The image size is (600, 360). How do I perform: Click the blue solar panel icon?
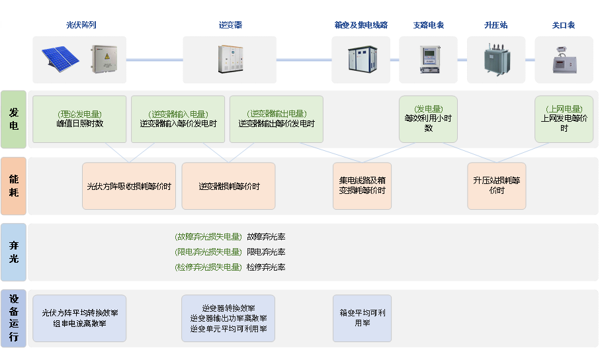pos(60,59)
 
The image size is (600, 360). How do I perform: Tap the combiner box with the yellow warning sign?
pos(104,59)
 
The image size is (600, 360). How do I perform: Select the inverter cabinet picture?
pos(230,59)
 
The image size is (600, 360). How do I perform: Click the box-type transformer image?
pos(363,59)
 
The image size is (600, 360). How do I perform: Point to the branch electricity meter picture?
pos(430,59)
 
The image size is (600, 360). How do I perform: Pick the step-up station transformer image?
pos(497,59)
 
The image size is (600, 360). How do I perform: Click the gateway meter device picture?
pos(564,60)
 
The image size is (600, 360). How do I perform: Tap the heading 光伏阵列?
pos(81,25)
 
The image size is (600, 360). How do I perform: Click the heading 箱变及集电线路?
pos(361,25)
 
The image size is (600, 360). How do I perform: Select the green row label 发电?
pos(14,119)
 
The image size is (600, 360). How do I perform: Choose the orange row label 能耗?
pos(14,186)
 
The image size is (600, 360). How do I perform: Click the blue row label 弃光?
pos(14,252)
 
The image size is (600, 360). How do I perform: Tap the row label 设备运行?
pos(14,318)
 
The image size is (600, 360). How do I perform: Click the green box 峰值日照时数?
pos(79,119)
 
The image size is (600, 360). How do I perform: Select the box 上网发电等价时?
pos(564,119)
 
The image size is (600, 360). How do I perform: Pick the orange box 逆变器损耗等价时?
pos(228,186)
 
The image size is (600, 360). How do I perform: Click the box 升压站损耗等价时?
pos(497,186)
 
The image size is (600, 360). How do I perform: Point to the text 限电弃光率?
pos(266,252)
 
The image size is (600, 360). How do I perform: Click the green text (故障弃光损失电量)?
pos(208,237)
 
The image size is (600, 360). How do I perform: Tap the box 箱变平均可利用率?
pos(362,318)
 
